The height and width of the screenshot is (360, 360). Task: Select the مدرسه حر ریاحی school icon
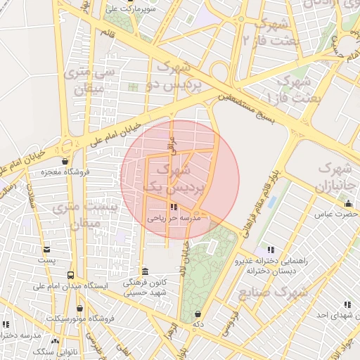coord(174,207)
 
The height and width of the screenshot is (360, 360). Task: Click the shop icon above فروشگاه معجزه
coord(65,160)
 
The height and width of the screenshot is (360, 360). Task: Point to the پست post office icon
coord(46,250)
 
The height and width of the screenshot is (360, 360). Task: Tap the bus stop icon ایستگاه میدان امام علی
coord(70,275)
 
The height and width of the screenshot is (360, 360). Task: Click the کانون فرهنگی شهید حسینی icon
coord(145,271)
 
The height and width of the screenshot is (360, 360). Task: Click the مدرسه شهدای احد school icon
coord(347,304)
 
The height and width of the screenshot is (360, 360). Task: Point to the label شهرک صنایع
coord(273,292)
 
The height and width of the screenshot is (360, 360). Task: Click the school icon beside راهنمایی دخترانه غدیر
coord(270,250)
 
